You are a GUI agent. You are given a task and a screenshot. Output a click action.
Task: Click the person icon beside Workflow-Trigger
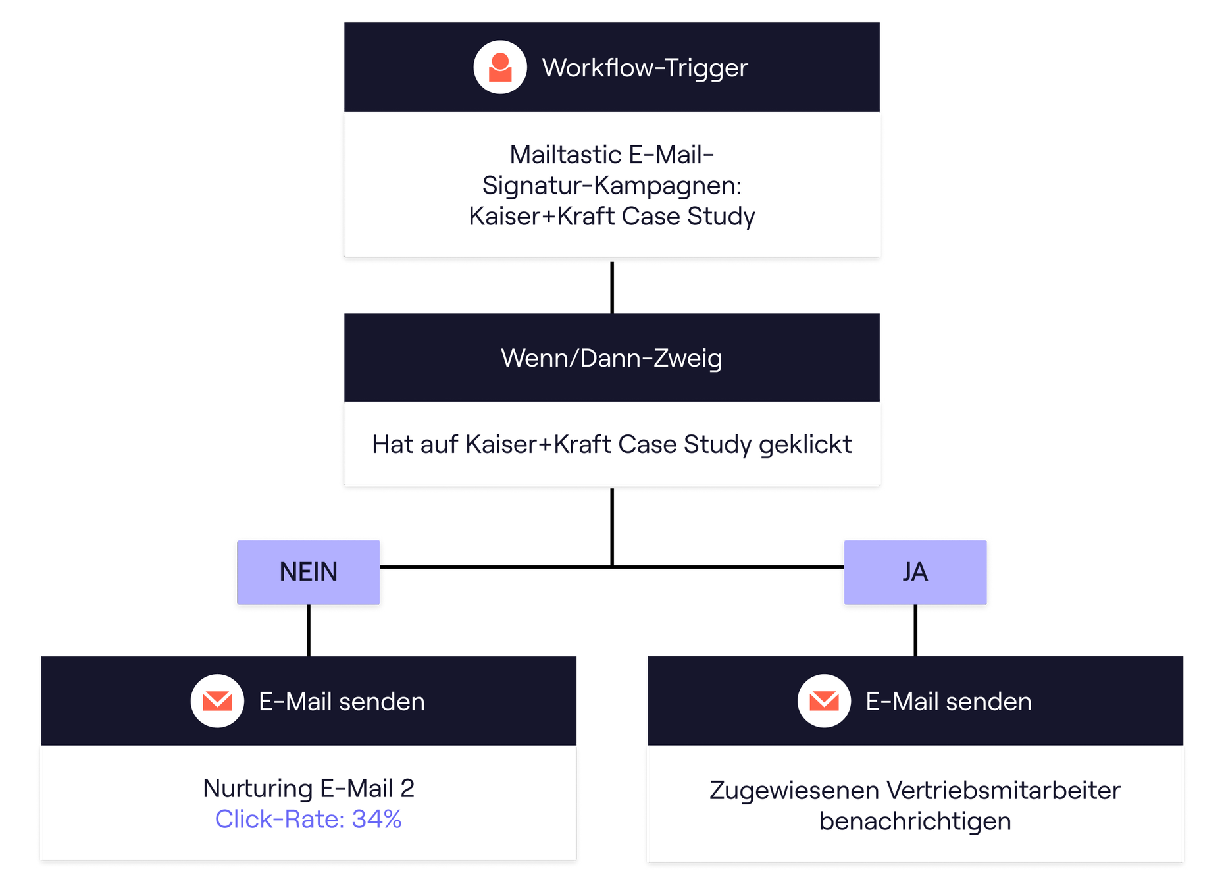pyautogui.click(x=500, y=67)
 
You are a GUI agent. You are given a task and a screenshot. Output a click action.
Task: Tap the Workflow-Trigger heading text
pyautogui.click(x=645, y=68)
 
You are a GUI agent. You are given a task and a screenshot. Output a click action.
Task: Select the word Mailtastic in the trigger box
pyautogui.click(x=565, y=155)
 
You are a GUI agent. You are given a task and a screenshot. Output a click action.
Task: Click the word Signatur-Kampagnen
pyautogui.click(x=612, y=186)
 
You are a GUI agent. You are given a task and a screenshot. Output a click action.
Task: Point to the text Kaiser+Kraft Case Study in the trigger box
pyautogui.click(x=612, y=216)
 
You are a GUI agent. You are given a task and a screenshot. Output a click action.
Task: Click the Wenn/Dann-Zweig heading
pyautogui.click(x=612, y=358)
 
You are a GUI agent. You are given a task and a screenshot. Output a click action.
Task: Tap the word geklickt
pyautogui.click(x=805, y=445)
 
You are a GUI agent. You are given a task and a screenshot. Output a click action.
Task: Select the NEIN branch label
pyautogui.click(x=309, y=572)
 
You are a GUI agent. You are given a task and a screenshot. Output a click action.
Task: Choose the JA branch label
pyautogui.click(x=915, y=572)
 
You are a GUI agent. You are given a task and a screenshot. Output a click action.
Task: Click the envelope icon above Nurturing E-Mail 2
pyautogui.click(x=217, y=701)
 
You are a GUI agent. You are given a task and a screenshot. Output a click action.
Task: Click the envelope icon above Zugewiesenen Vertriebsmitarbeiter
pyautogui.click(x=824, y=701)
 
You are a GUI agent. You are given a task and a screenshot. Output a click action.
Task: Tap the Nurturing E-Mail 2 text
pyautogui.click(x=309, y=789)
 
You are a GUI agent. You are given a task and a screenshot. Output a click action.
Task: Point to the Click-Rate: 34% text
pyautogui.click(x=309, y=819)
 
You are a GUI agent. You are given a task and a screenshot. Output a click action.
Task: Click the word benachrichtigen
pyautogui.click(x=915, y=821)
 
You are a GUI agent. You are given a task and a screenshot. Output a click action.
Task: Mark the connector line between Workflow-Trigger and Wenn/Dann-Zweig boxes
pyautogui.click(x=612, y=288)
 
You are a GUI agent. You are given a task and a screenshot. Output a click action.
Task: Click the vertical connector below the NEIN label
pyautogui.click(x=309, y=631)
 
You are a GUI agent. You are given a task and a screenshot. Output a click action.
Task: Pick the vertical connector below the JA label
pyautogui.click(x=915, y=631)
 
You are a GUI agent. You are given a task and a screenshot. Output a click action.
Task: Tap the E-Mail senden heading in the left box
pyautogui.click(x=342, y=702)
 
